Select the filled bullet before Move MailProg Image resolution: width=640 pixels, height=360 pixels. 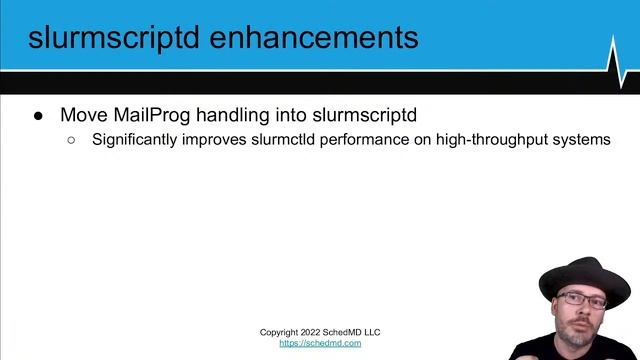click(39, 115)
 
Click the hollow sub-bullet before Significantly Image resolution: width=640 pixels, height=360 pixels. click(71, 140)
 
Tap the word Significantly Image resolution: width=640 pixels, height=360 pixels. click(135, 140)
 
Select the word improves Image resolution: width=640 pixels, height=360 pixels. click(214, 140)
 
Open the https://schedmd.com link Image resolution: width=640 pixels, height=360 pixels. click(320, 343)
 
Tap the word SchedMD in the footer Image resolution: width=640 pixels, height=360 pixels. click(346, 332)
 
